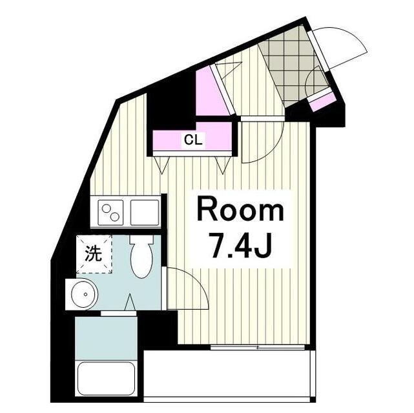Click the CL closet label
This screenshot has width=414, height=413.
click(x=192, y=139)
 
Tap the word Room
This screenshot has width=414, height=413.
click(x=240, y=210)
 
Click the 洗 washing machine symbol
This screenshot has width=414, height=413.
click(x=94, y=254)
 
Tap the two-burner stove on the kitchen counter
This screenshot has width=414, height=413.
click(x=111, y=210)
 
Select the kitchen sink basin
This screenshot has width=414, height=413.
click(x=145, y=210)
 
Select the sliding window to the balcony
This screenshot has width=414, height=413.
click(x=258, y=348)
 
